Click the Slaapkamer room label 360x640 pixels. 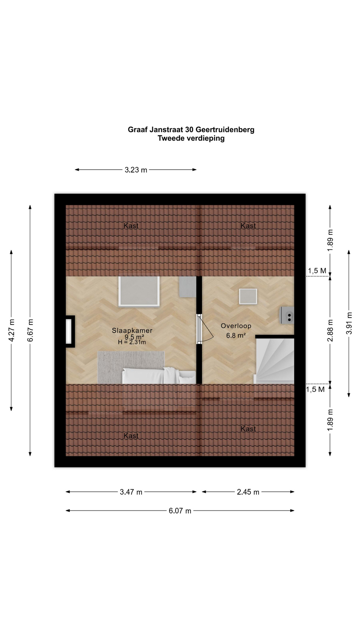pyautogui.click(x=132, y=330)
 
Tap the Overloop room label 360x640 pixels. pyautogui.click(x=236, y=326)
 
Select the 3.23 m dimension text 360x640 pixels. pyautogui.click(x=136, y=170)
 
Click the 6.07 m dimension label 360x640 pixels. pyautogui.click(x=180, y=511)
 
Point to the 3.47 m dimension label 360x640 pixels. pyautogui.click(x=131, y=492)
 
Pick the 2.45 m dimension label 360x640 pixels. pyautogui.click(x=248, y=492)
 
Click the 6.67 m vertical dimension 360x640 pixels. pyautogui.click(x=30, y=330)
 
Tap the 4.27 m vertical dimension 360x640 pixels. pyautogui.click(x=12, y=330)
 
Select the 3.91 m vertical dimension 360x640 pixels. pyautogui.click(x=349, y=323)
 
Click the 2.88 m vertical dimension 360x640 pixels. pyautogui.click(x=330, y=330)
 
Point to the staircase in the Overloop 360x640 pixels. pyautogui.click(x=275, y=361)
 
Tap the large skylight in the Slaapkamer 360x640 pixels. pyautogui.click(x=139, y=291)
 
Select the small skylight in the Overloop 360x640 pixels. pyautogui.click(x=248, y=296)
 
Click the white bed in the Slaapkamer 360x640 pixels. pyautogui.click(x=159, y=376)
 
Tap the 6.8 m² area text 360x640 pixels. pyautogui.click(x=236, y=335)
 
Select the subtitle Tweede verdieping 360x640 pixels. pyautogui.click(x=191, y=138)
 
